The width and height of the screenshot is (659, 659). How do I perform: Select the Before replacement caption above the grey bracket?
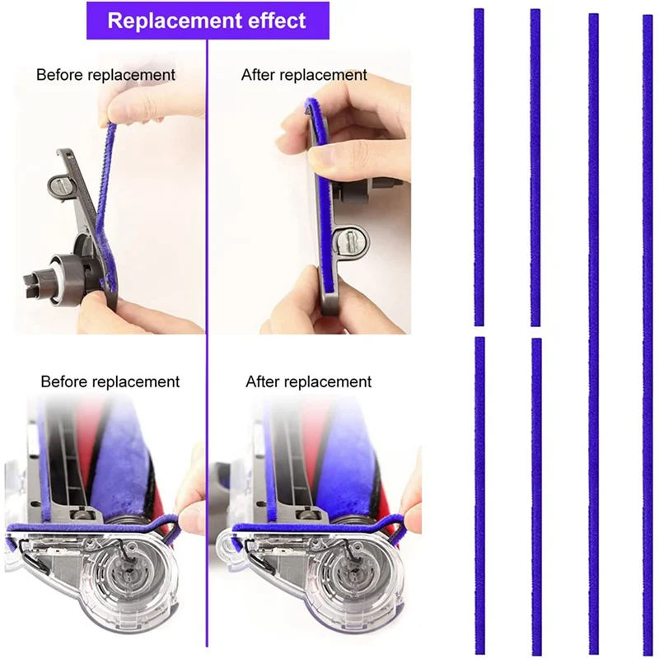(105, 75)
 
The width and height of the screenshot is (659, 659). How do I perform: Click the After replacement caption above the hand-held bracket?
(304, 75)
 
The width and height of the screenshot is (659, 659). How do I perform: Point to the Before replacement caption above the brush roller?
(110, 382)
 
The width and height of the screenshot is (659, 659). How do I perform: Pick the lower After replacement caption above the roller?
(308, 382)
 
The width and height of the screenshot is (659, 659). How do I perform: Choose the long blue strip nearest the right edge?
(647, 329)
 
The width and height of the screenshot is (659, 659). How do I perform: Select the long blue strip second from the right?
(593, 329)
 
